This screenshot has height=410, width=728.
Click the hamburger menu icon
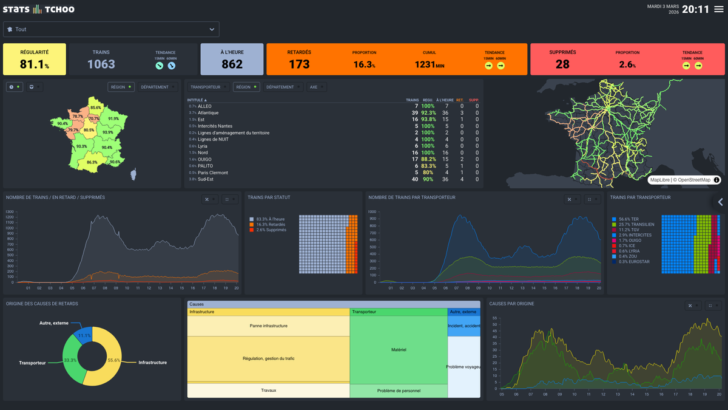719,9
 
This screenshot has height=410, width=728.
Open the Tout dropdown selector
111,29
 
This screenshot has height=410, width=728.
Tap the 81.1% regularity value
34,64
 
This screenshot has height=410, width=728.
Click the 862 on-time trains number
232,64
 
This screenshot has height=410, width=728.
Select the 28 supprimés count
562,64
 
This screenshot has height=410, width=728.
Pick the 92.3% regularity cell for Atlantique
428,113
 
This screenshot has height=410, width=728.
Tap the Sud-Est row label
207,179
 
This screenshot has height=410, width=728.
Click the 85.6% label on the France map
95,108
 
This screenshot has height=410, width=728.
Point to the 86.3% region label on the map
92,162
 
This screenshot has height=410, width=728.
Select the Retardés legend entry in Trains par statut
271,224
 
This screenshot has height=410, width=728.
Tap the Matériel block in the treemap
399,349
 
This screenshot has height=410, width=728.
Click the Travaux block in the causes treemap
268,390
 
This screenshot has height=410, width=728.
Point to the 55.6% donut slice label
113,360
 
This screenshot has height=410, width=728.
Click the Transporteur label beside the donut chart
32,363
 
